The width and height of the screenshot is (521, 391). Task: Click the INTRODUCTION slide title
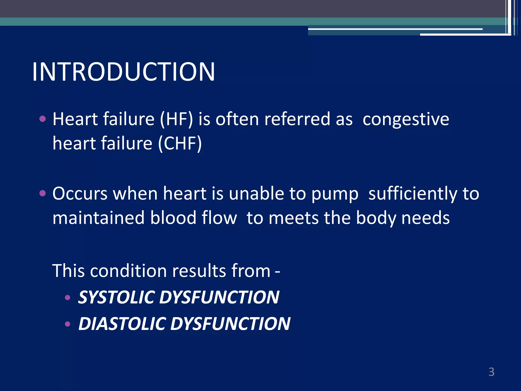[124, 72]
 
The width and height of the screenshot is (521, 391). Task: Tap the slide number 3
[491, 372]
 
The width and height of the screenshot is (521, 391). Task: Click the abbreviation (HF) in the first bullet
[176, 119]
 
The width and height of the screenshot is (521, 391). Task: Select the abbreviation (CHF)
[180, 144]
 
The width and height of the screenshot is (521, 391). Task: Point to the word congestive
[406, 119]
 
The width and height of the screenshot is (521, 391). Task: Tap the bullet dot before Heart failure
[42, 119]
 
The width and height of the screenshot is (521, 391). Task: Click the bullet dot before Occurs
[42, 193]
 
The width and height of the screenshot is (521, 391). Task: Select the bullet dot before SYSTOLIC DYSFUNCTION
[67, 297]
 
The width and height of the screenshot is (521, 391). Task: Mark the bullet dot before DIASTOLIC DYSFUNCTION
[67, 324]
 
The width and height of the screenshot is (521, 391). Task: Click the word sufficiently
[413, 194]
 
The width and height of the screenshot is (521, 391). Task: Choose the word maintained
[98, 218]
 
